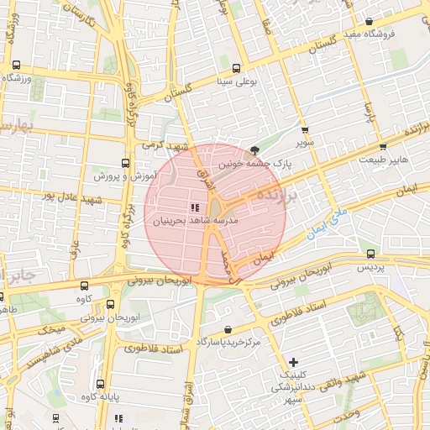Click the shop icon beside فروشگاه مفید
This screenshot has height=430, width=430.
coord(370,21)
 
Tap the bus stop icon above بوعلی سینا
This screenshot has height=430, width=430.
coord(238,68)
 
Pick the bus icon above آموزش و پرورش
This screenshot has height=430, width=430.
coord(125,163)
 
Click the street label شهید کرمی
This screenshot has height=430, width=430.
coord(162,144)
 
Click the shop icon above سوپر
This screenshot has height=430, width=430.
coord(305,130)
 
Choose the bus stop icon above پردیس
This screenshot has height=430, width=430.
coord(370,253)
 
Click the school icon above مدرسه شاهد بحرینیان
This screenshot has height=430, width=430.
coord(194,207)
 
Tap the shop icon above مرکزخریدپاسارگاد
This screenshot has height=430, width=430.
coord(229,328)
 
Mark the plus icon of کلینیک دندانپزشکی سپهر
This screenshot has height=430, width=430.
coord(292,361)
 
